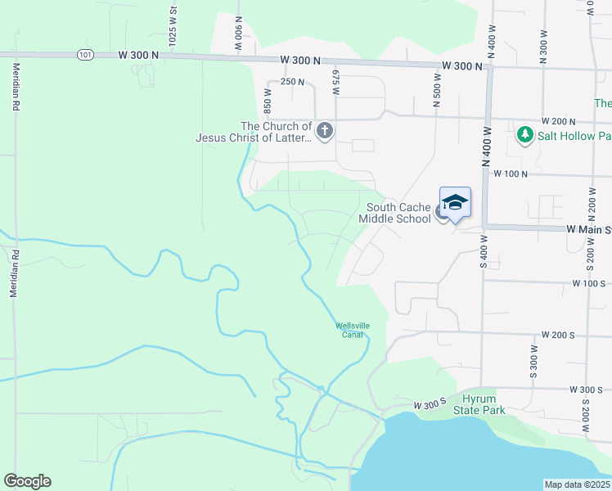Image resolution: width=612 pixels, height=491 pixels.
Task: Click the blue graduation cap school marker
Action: [455, 202]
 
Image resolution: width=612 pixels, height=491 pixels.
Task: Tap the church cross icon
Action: [325, 130]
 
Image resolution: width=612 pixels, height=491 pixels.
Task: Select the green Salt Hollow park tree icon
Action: [525, 134]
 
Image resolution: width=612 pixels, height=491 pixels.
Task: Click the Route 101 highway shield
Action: [87, 55]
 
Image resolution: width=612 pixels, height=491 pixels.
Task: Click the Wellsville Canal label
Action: [353, 330]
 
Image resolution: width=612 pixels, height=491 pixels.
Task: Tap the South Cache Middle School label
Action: [398, 213]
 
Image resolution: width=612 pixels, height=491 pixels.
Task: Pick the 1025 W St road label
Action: [173, 25]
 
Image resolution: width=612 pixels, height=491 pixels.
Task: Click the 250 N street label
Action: [292, 82]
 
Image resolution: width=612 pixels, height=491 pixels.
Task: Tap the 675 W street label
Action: [335, 83]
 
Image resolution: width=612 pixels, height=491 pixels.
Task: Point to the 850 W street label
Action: [267, 99]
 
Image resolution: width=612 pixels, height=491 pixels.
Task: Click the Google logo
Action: [27, 481]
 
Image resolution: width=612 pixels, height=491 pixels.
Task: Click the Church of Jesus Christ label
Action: [254, 132]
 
